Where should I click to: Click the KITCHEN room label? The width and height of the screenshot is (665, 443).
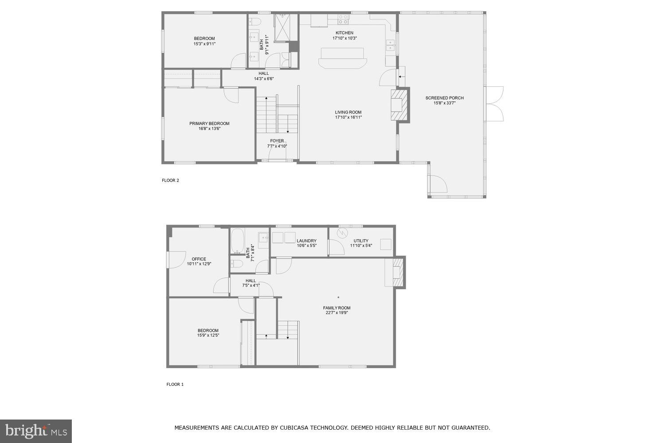[344, 33]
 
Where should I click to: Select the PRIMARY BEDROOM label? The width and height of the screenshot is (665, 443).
[209, 124]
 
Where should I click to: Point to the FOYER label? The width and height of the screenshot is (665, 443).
[277, 141]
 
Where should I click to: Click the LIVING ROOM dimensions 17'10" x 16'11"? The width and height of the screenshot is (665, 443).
[348, 117]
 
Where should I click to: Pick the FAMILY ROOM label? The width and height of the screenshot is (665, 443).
[336, 308]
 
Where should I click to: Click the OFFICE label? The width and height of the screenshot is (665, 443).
[199, 259]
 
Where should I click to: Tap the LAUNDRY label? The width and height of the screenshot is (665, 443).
[306, 241]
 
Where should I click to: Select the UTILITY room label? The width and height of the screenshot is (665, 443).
[361, 241]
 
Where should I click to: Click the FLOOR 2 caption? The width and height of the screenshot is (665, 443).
[170, 180]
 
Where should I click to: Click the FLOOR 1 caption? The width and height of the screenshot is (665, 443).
[175, 385]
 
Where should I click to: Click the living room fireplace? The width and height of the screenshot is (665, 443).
[399, 105]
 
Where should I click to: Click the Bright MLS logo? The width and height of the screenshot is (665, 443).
[35, 431]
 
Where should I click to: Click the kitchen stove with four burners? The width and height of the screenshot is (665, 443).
[343, 19]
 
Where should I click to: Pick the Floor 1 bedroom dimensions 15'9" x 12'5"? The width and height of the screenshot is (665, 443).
[208, 335]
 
